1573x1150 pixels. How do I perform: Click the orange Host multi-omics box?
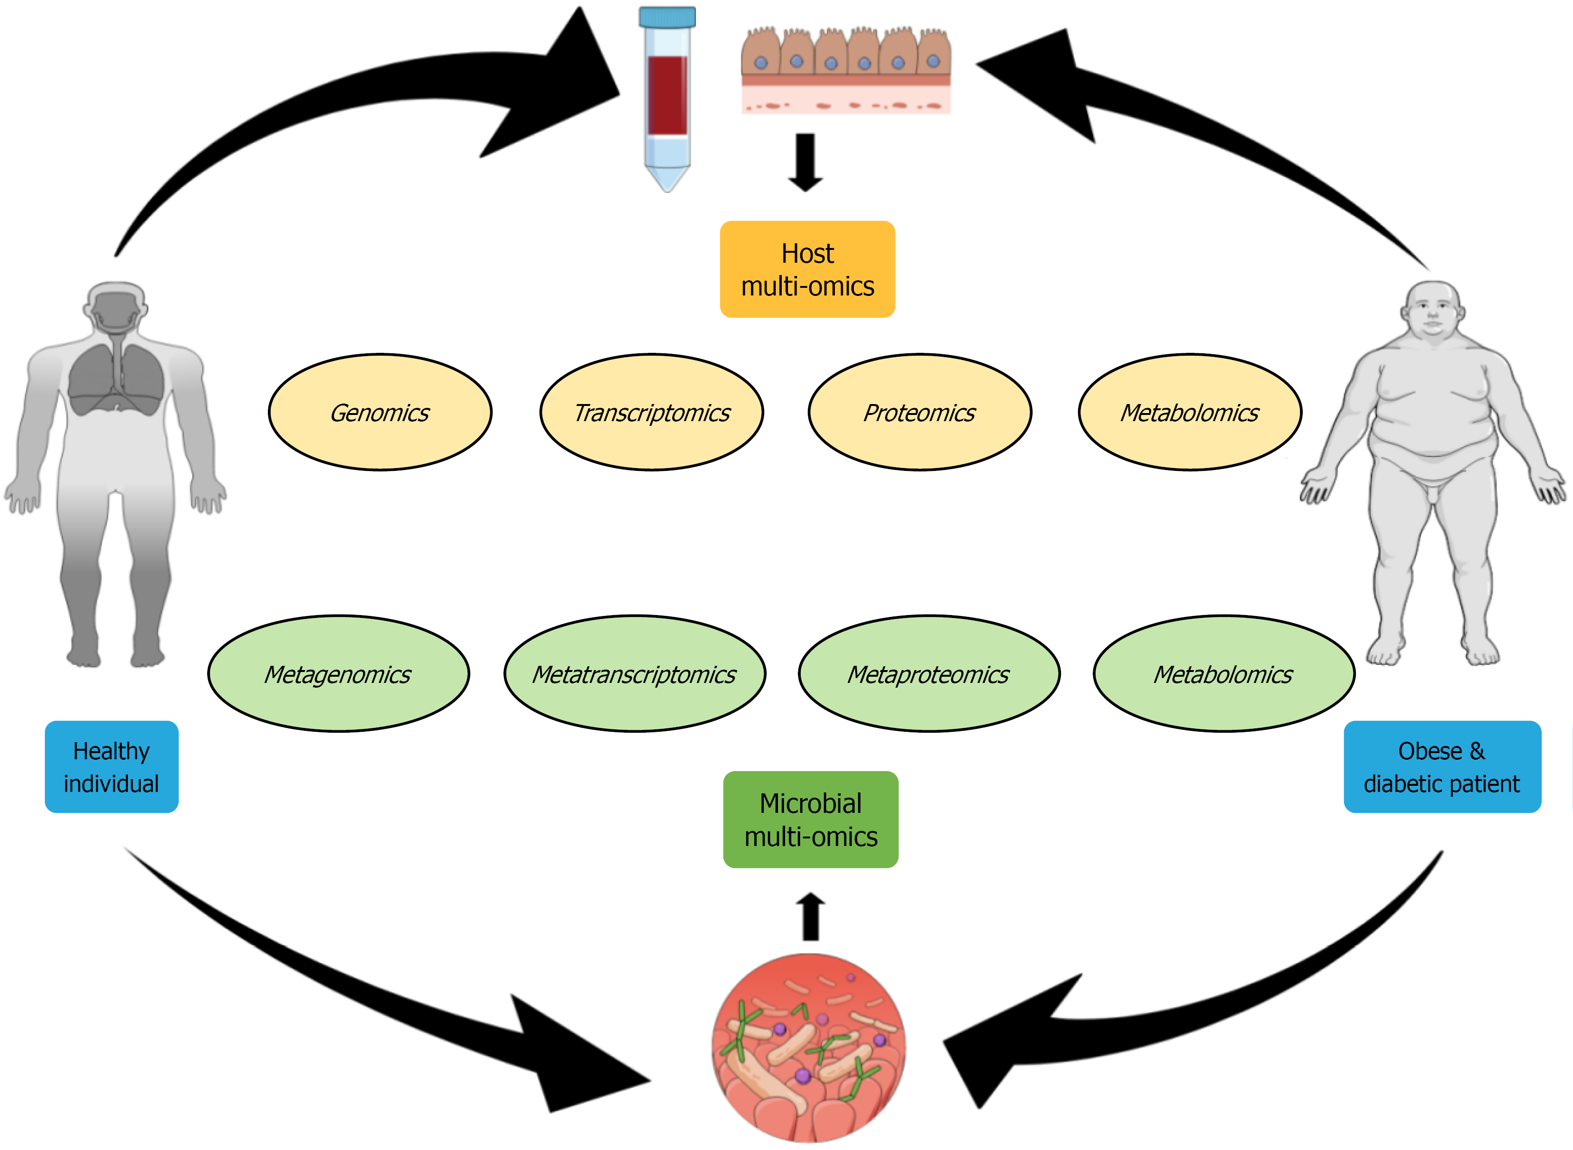807,269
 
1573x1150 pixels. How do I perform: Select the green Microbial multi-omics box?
811,819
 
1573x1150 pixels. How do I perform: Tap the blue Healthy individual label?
111,766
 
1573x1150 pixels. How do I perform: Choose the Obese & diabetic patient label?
1442,766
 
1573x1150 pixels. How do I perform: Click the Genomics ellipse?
380,412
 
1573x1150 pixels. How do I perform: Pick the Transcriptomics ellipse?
651,412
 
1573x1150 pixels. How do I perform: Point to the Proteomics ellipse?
919,412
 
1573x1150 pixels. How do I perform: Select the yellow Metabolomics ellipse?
1189,412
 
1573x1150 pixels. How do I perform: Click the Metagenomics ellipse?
338,674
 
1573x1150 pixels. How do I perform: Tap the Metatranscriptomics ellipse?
634,674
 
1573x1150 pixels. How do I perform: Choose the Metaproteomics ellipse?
929,674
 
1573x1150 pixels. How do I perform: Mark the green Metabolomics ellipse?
1224,674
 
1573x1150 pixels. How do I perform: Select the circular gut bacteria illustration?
808,1048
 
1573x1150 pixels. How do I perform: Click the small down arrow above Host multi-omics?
805,162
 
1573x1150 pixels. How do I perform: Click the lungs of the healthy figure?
116,379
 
